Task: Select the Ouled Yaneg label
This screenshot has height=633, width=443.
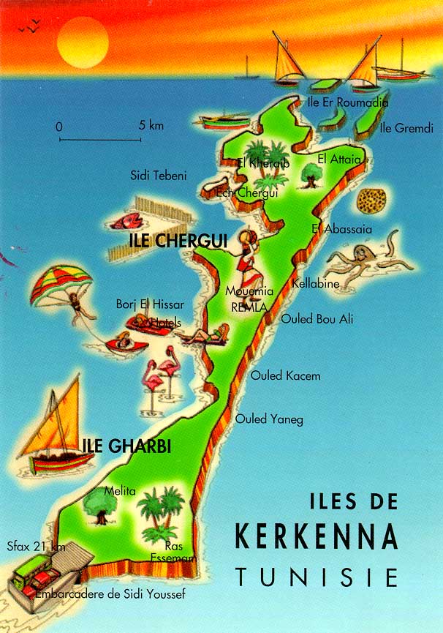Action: [268, 419]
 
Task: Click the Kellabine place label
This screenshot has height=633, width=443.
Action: [315, 283]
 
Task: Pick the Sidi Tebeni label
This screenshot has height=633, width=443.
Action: [159, 176]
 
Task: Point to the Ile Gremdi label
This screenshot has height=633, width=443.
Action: [406, 129]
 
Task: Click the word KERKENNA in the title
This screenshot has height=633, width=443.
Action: [316, 536]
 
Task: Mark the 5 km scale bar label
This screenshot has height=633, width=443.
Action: [151, 126]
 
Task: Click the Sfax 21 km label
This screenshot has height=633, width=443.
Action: [36, 546]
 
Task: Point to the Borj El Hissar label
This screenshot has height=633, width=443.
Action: [150, 304]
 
